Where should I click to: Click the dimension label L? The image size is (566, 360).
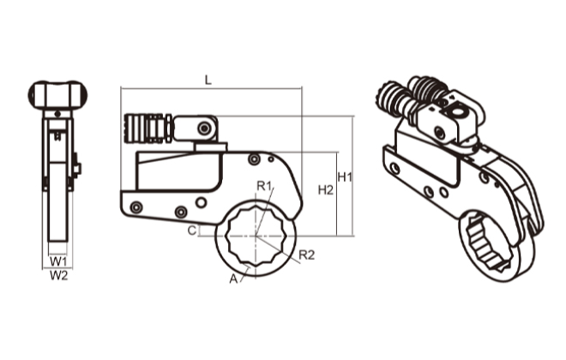point(208,79)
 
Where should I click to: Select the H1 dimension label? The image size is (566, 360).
point(346,177)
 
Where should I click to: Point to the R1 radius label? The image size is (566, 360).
point(264,186)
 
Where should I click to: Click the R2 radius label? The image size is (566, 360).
point(307,255)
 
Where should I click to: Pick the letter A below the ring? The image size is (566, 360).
point(232,279)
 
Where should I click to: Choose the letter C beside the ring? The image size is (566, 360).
point(194,231)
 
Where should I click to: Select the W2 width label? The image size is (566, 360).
point(57,275)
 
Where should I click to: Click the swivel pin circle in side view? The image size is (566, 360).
point(204,129)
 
